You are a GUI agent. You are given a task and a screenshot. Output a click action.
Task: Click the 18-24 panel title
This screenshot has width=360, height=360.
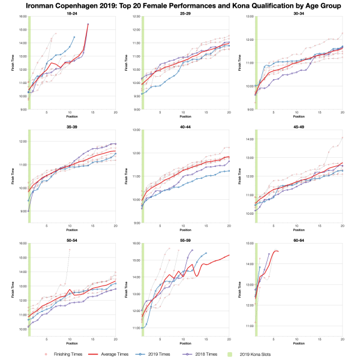pos(72,12)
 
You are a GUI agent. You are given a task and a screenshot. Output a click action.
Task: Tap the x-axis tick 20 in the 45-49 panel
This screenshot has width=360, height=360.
pos(342,226)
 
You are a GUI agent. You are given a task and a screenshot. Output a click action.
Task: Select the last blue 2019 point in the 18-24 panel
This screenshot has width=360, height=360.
pos(74,37)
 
